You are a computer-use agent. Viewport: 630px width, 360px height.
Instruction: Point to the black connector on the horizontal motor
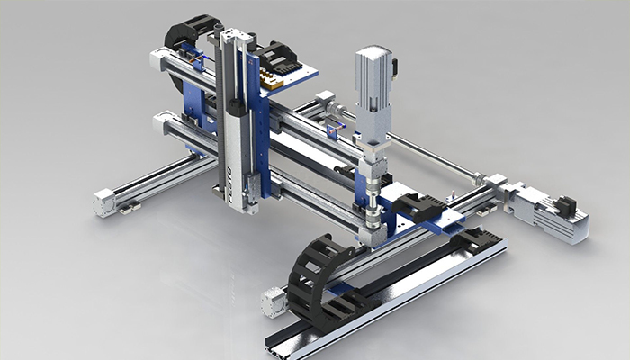(566, 204)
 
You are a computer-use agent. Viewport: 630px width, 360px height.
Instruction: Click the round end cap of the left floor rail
(104, 204)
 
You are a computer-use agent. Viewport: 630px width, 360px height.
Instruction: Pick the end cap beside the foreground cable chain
(272, 303)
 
